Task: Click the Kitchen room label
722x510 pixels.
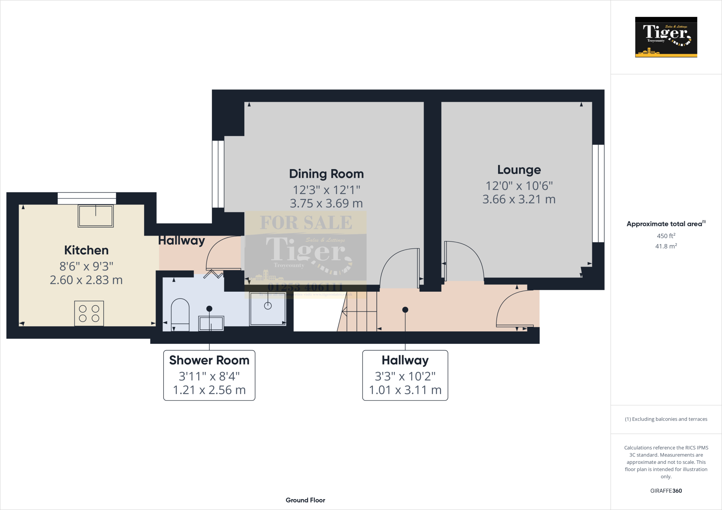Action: click(x=86, y=250)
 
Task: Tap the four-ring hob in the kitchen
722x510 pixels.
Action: click(x=89, y=313)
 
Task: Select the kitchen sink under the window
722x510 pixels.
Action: click(x=96, y=216)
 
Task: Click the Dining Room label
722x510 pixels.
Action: click(x=326, y=174)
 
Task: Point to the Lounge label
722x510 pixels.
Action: click(x=519, y=170)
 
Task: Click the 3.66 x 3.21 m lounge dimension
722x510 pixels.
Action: click(x=519, y=199)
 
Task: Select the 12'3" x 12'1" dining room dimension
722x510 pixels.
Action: click(x=326, y=190)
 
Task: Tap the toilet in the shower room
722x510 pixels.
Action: click(x=180, y=315)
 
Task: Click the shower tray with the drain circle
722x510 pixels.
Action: click(x=268, y=308)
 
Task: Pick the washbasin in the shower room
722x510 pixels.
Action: click(x=211, y=323)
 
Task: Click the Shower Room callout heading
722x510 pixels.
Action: click(x=209, y=360)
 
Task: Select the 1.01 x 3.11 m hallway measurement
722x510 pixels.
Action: click(x=405, y=390)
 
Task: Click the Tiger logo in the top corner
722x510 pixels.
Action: click(x=666, y=37)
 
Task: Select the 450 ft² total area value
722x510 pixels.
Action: click(x=666, y=236)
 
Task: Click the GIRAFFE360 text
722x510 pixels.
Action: click(x=666, y=491)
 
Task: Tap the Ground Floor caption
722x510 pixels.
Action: click(x=305, y=500)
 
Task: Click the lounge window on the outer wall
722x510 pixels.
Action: click(x=598, y=193)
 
